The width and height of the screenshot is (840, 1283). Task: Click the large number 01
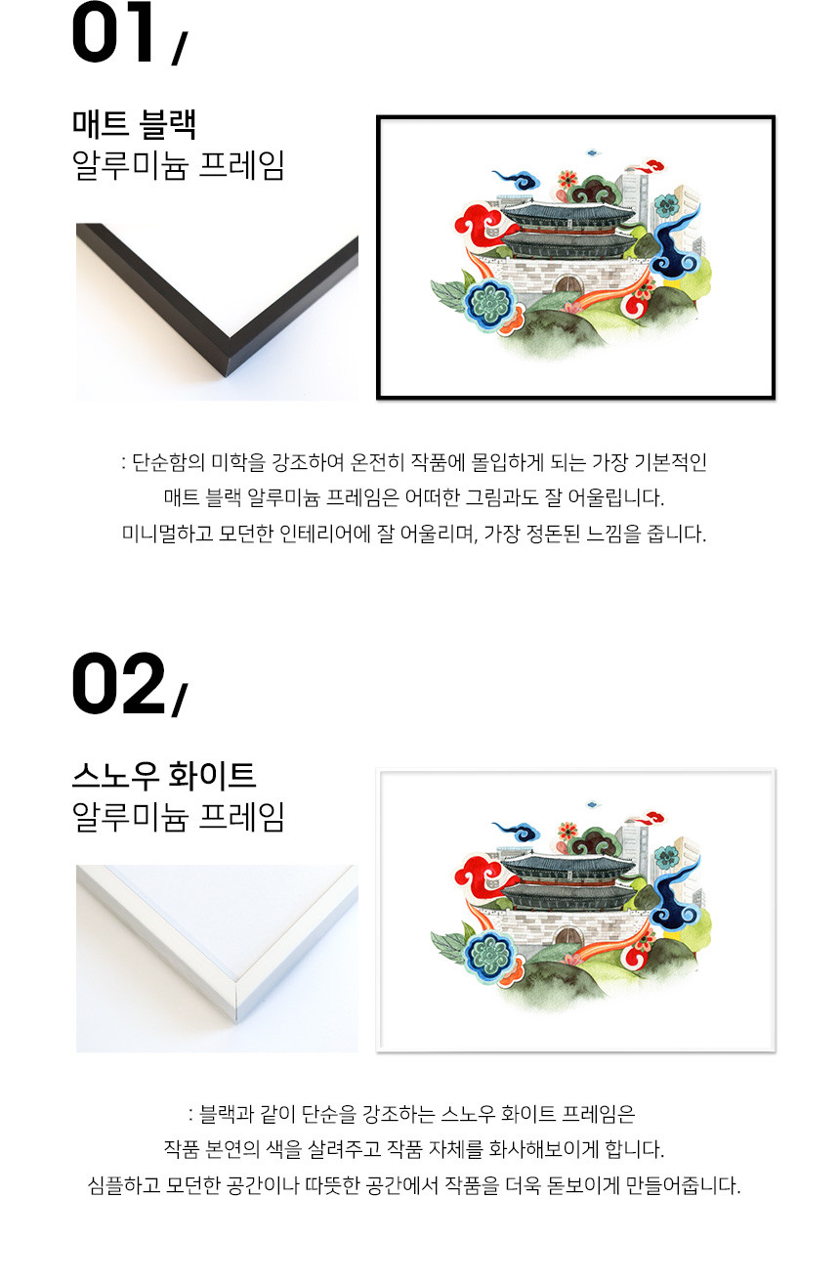click(113, 32)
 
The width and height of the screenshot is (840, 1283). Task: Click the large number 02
click(118, 682)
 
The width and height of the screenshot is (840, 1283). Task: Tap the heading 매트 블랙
click(135, 124)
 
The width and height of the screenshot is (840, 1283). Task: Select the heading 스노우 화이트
click(164, 776)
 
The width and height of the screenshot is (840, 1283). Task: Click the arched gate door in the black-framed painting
click(567, 283)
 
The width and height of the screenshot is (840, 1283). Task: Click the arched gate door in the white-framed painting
click(567, 935)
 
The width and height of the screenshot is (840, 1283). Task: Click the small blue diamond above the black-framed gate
click(592, 152)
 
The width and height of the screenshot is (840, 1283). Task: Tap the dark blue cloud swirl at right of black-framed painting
click(677, 246)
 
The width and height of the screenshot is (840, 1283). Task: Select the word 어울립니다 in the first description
click(616, 497)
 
